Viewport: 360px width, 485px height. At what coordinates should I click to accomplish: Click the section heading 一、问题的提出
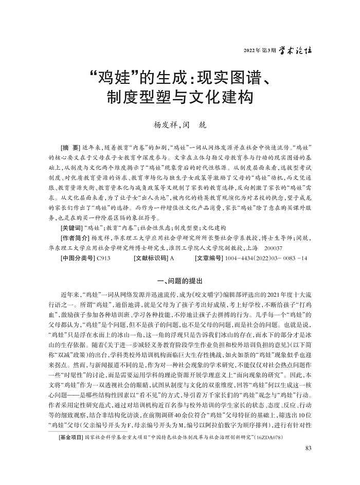(x=179, y=280)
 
